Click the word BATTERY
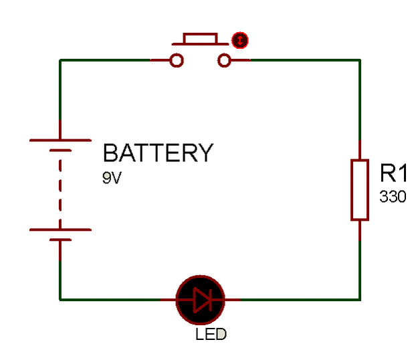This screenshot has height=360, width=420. [157, 153]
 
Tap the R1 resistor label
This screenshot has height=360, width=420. [393, 173]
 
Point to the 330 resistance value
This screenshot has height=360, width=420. [393, 197]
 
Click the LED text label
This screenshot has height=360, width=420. [211, 333]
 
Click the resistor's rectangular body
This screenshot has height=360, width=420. [360, 190]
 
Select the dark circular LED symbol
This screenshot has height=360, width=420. [200, 300]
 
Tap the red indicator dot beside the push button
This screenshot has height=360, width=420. [239, 41]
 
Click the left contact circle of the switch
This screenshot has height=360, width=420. [177, 61]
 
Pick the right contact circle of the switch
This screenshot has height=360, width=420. [224, 61]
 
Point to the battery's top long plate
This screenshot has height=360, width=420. [60, 140]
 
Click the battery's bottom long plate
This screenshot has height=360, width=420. [60, 230]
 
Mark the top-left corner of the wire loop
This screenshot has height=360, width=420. [60, 60]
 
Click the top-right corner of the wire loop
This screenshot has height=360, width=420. [360, 60]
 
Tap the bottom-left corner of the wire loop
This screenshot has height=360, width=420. [60, 299]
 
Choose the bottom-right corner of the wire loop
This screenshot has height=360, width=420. [360, 299]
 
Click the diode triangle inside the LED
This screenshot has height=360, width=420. [199, 300]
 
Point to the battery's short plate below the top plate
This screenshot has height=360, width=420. [60, 151]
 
